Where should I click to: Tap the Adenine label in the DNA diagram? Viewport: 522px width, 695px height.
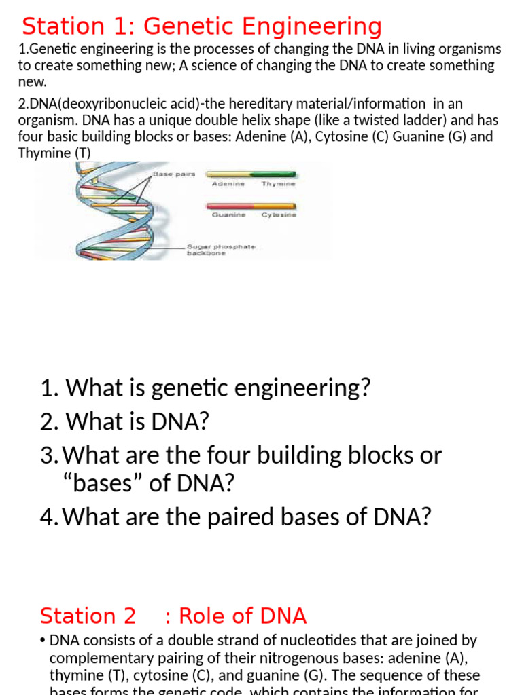pyautogui.click(x=228, y=184)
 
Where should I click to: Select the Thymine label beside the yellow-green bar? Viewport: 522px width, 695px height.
pyautogui.click(x=279, y=184)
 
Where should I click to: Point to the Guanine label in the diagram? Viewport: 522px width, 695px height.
pyautogui.click(x=228, y=215)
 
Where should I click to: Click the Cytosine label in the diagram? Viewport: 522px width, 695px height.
pyautogui.click(x=279, y=215)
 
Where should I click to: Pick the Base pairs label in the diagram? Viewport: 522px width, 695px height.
pyautogui.click(x=174, y=174)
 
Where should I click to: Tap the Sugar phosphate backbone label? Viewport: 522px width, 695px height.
pyautogui.click(x=221, y=249)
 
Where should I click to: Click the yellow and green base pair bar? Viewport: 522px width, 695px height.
pyautogui.click(x=251, y=174)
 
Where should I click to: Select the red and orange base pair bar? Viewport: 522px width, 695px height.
pyautogui.click(x=251, y=206)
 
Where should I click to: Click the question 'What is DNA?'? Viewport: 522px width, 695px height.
pyautogui.click(x=125, y=422)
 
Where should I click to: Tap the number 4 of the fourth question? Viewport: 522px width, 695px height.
pyautogui.click(x=46, y=516)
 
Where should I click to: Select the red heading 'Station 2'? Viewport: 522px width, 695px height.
pyautogui.click(x=88, y=616)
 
